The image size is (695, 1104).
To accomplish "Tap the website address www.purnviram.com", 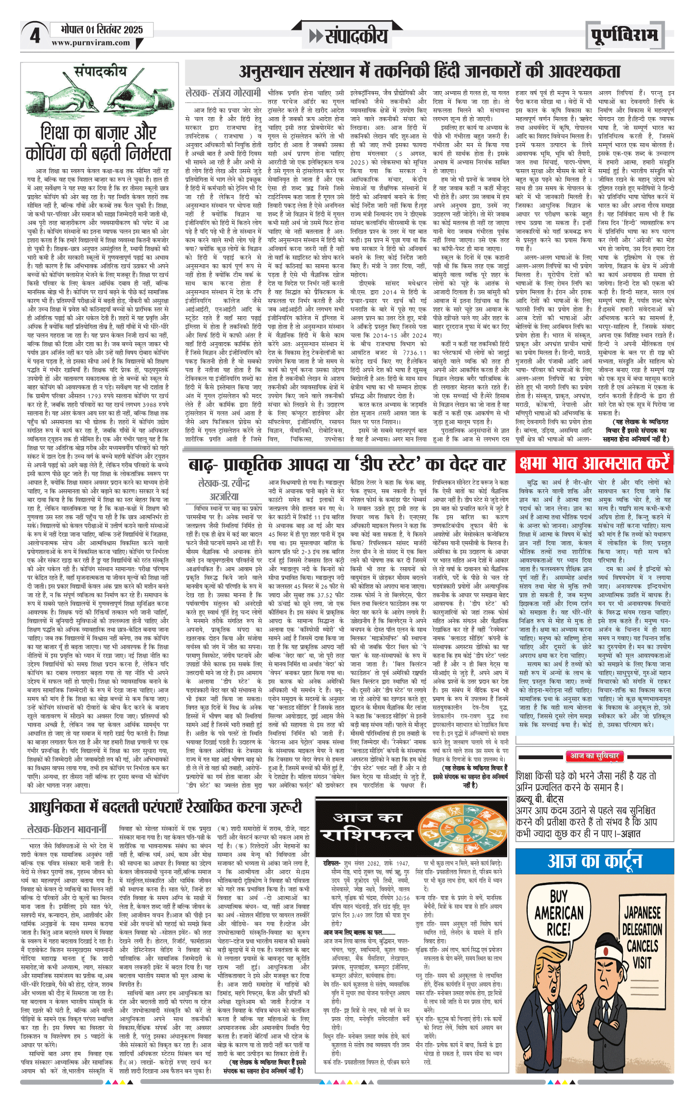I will pos(91,43).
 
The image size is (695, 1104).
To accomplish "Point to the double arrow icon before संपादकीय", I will pos(315,36).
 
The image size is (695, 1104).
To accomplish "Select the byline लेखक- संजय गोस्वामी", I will pos(223,92).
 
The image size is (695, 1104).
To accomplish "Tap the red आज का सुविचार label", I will pos(594,756).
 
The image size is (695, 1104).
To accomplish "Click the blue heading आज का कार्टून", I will pos(594,861).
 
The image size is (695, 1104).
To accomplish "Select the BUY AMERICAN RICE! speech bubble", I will pos(559,913).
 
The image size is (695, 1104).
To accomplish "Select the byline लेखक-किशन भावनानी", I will pos(67,829).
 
